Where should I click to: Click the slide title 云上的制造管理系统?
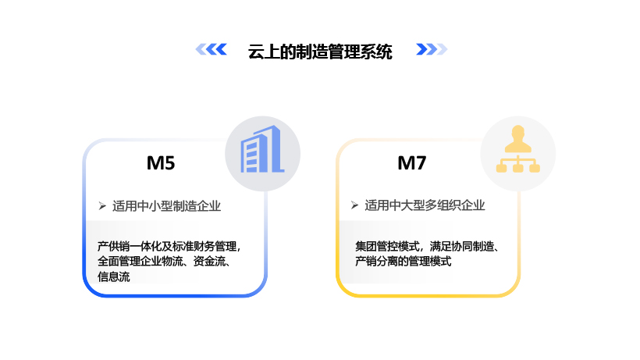coord(320,52)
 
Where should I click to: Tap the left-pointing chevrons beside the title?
coord(211,50)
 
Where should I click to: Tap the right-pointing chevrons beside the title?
coord(432,50)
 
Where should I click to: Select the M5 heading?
coord(161,164)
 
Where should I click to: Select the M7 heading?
coord(412,164)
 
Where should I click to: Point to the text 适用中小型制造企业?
coord(166,206)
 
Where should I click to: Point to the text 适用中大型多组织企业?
coord(425,205)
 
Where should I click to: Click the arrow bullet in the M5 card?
coord(101,206)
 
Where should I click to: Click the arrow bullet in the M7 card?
coord(354,205)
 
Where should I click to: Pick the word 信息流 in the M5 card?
coord(114,276)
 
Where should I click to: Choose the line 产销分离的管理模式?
coord(403,262)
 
